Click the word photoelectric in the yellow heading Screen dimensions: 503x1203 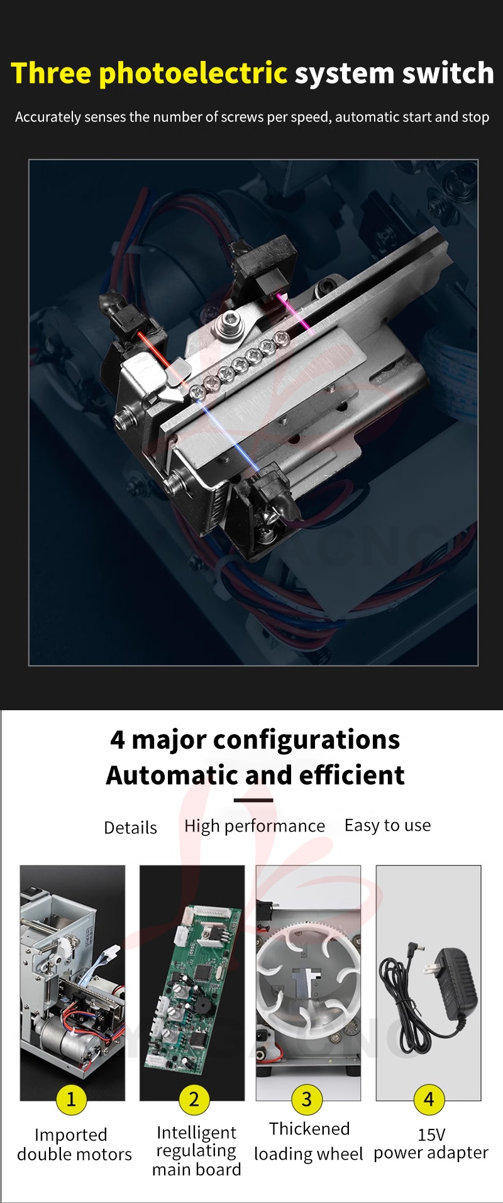pos(193,74)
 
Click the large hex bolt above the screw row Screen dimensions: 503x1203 pos(228,326)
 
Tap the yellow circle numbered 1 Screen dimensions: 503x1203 pos(71,1099)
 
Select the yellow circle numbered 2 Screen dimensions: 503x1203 pos(194,1099)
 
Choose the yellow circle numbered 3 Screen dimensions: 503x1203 pos(307,1099)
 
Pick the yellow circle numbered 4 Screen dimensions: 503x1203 pos(429,1099)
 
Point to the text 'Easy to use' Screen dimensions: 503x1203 pos(388,825)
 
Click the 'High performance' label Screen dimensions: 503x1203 pos(255,827)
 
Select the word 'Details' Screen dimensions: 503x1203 pos(131,828)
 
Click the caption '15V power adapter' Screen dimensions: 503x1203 pos(431,1144)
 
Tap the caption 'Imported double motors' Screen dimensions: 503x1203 pos(74,1145)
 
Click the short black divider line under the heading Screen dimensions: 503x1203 pos(253,800)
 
